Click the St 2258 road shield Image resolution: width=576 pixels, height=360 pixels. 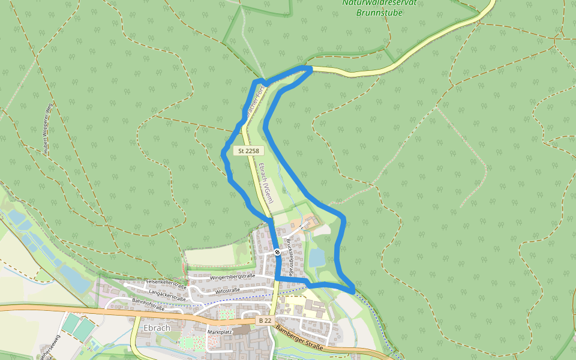click(x=248, y=151)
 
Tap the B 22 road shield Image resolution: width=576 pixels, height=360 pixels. click(x=265, y=321)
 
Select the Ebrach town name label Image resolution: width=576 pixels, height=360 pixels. click(x=157, y=328)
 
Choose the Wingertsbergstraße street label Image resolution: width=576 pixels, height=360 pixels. click(x=232, y=277)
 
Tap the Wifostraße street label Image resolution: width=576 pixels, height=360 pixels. click(x=227, y=290)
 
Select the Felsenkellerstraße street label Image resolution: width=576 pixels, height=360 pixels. click(x=166, y=284)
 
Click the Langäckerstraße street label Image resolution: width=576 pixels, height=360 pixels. click(x=167, y=295)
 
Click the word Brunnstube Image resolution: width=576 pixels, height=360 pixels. click(x=379, y=12)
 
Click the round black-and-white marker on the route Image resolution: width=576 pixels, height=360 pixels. click(x=277, y=252)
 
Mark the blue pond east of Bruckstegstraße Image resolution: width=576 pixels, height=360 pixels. click(x=317, y=257)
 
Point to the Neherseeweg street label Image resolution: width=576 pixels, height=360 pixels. click(x=49, y=347)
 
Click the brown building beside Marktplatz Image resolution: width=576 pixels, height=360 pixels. click(x=241, y=330)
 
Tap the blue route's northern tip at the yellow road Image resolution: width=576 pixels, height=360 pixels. click(x=310, y=69)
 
